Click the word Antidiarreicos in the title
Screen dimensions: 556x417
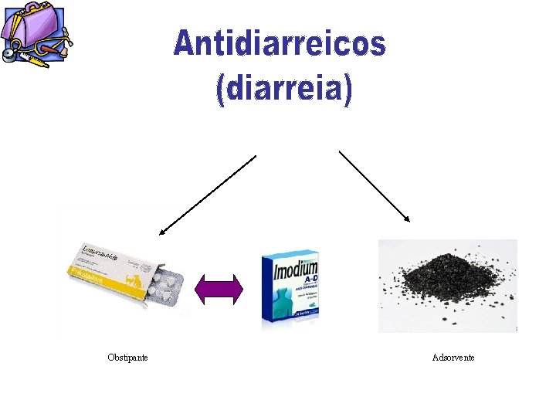coord(279,43)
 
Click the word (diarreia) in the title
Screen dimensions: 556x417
coord(283,90)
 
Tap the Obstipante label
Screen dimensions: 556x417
coord(128,357)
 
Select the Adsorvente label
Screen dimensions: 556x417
coord(453,357)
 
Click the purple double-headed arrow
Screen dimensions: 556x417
coord(219,289)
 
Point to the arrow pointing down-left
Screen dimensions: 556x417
coord(207,193)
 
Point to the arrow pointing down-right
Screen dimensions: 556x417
coord(375,186)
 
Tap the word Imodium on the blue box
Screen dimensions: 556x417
coord(296,271)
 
